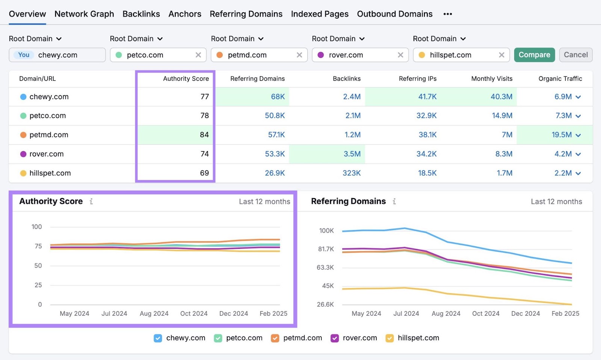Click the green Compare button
pos(534,55)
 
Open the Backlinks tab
pos(141,14)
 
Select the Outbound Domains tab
pos(394,14)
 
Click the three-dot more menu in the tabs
pos(447,14)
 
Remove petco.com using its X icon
pos(198,55)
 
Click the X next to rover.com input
pos(400,55)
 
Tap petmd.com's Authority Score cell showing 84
pos(204,135)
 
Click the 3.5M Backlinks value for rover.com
pos(352,154)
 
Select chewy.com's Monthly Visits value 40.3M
pos(501,96)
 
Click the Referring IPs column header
pos(417,78)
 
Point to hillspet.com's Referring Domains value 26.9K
pos(275,173)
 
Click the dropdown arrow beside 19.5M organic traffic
pos(578,135)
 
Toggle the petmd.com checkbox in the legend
pos(275,338)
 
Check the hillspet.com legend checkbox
pos(390,338)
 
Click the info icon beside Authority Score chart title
pos(91,202)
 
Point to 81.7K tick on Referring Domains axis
pos(326,249)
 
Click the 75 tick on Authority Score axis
pos(38,246)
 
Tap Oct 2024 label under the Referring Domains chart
pos(485,313)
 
